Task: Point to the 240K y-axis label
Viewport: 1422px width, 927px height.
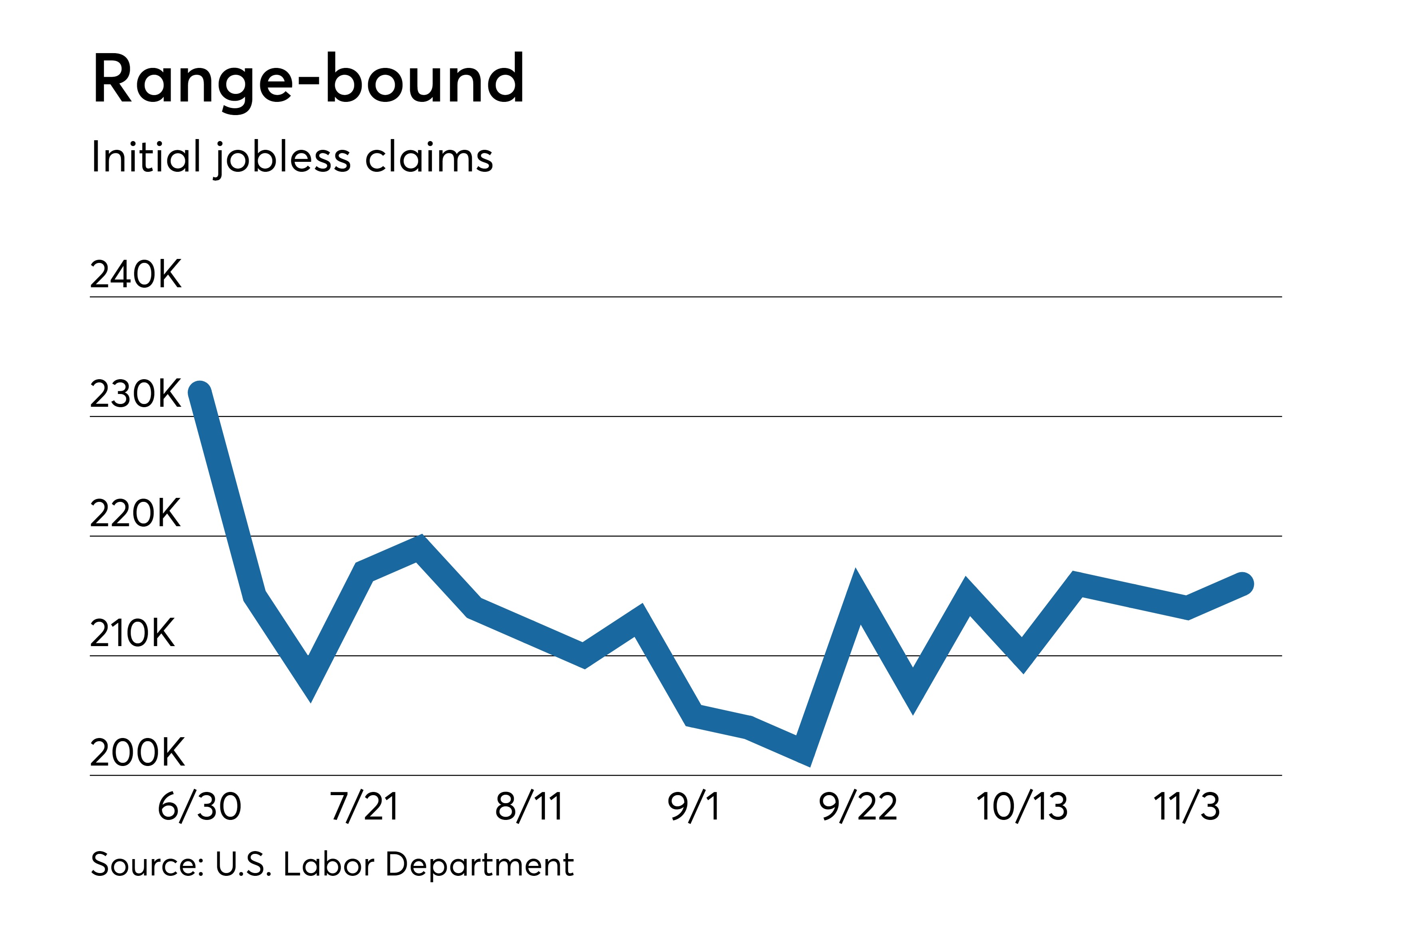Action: (x=136, y=275)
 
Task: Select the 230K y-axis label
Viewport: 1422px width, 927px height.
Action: (x=136, y=394)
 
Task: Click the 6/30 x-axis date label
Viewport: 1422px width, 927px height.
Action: (x=200, y=806)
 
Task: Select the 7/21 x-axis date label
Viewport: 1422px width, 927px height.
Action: (x=364, y=806)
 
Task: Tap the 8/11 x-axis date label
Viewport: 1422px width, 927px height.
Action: (x=529, y=806)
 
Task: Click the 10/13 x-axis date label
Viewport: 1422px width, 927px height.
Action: (x=1022, y=806)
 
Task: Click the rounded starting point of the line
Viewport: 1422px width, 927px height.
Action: (x=200, y=393)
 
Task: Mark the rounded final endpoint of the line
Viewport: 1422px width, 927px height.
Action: (x=1242, y=584)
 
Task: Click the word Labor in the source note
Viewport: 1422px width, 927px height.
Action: (x=329, y=864)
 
